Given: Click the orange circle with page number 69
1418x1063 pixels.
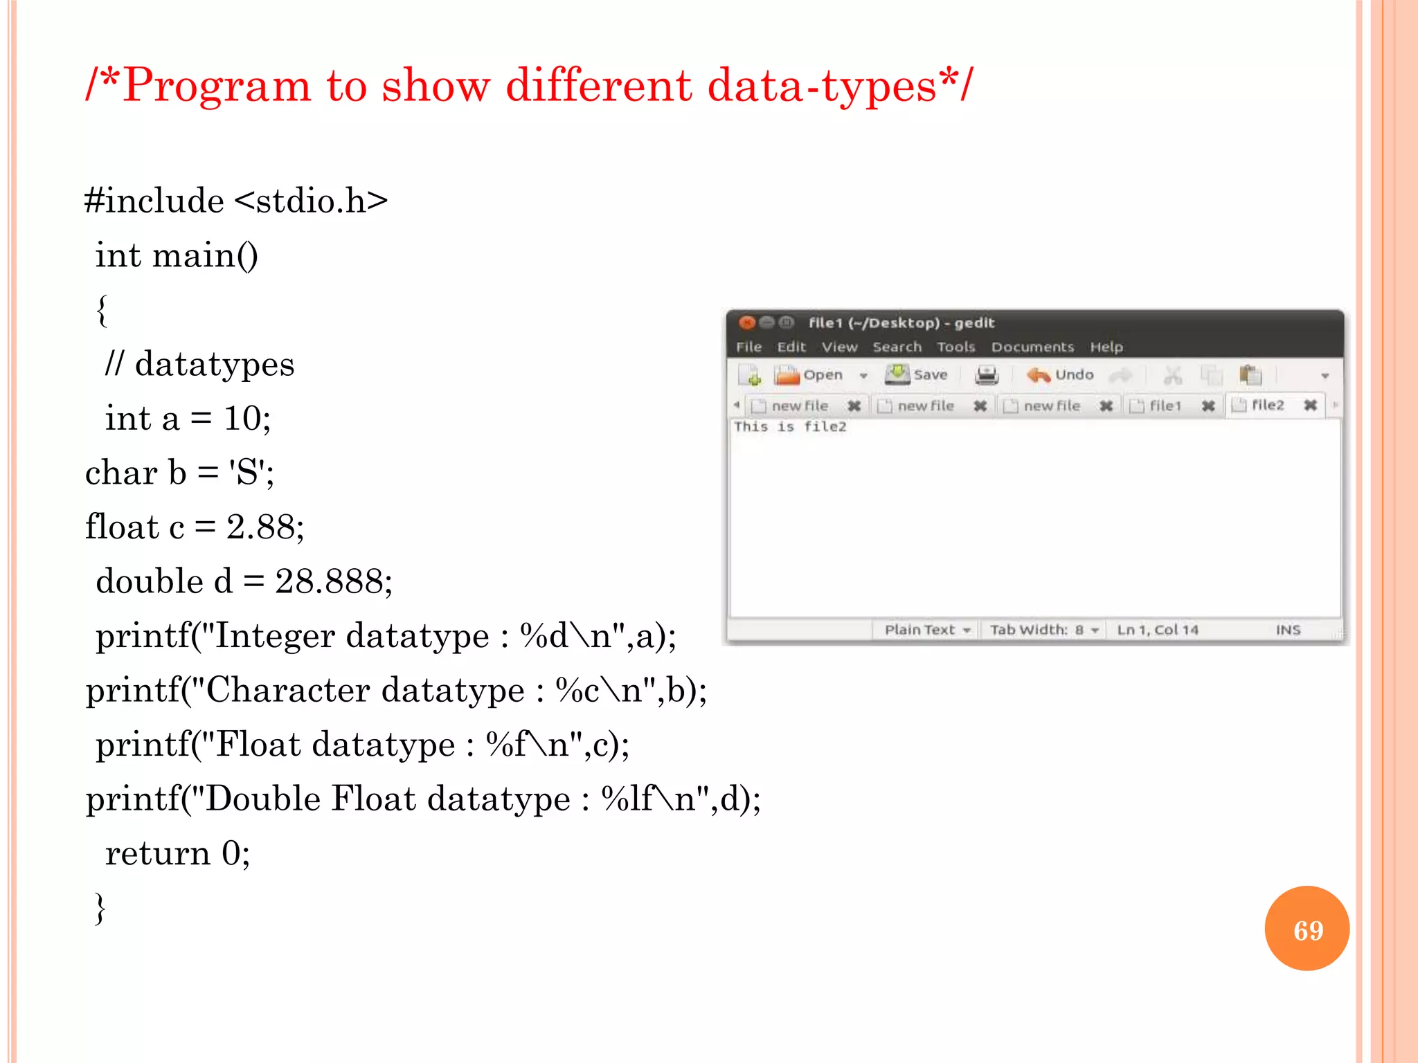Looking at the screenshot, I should pos(1307,929).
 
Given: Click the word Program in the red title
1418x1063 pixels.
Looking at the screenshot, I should pos(216,86).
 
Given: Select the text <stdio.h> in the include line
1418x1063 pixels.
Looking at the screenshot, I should pos(311,201).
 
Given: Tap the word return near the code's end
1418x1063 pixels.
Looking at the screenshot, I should pos(157,853).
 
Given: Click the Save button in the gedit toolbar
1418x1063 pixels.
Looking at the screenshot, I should pos(917,375).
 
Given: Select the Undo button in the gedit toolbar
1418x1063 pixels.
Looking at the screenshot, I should pos(1061,375).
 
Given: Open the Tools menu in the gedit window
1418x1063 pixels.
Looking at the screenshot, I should pos(955,347).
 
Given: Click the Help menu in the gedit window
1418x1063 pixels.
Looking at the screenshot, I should pos(1106,347).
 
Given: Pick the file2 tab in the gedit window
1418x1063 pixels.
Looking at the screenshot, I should pos(1267,406).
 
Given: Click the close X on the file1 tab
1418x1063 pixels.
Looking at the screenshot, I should pos(1208,406).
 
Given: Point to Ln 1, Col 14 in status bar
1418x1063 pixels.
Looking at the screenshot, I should pos(1157,630).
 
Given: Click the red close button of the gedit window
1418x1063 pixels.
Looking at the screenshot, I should pos(746,322).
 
